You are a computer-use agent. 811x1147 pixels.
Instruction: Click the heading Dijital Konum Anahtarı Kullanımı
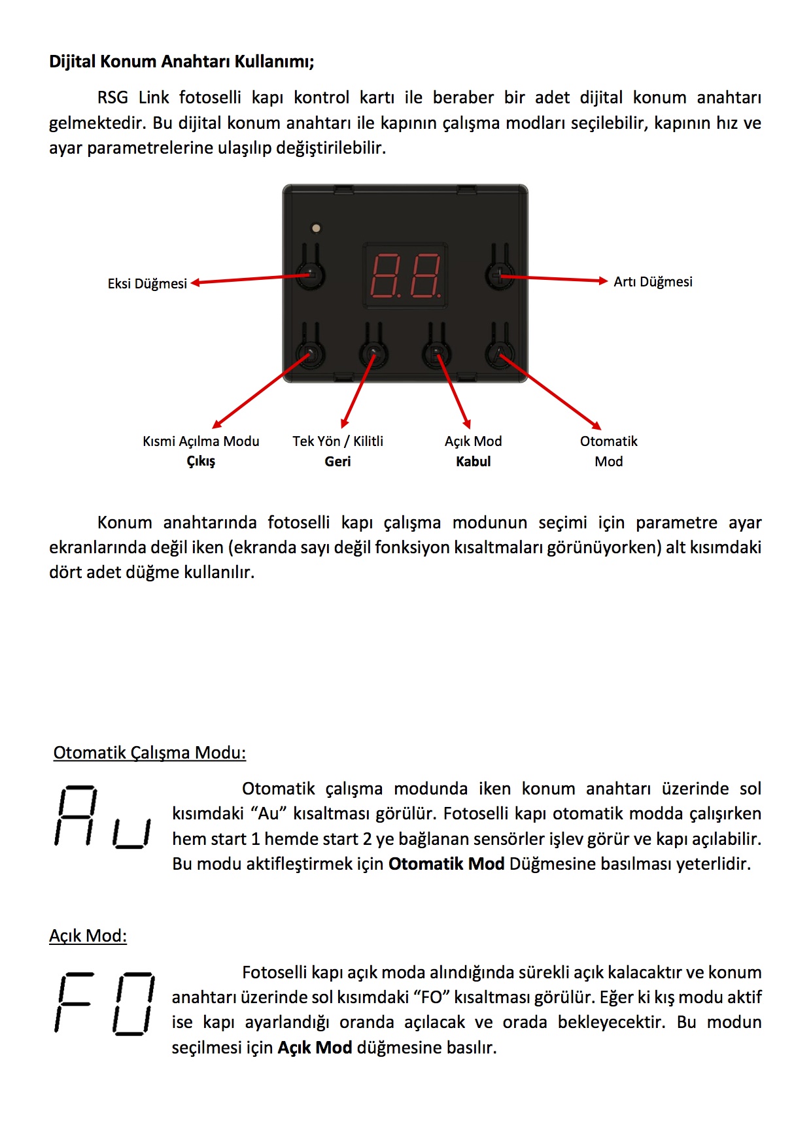[x=181, y=61]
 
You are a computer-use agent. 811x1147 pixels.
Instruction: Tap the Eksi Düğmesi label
[x=147, y=284]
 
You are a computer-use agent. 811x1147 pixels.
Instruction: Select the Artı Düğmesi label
[x=653, y=282]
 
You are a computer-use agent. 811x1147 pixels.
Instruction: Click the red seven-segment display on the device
[x=405, y=275]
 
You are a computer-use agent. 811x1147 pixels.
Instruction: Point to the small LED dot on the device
[x=317, y=228]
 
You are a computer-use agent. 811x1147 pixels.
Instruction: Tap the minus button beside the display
[x=311, y=274]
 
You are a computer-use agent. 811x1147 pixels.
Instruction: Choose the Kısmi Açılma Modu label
[x=201, y=441]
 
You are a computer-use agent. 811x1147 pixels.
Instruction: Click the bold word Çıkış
[x=201, y=462]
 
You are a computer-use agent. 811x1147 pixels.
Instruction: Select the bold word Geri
[x=337, y=462]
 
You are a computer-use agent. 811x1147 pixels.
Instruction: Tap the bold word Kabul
[x=473, y=462]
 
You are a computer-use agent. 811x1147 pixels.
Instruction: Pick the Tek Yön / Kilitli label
[x=337, y=441]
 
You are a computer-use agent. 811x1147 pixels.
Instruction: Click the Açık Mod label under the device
[x=473, y=441]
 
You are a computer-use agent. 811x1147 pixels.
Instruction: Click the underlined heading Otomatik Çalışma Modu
[x=149, y=753]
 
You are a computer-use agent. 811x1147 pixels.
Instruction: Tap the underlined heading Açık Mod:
[x=88, y=936]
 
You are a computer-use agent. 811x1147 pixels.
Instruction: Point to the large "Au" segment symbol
[x=103, y=817]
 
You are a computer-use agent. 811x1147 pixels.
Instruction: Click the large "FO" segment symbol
[x=105, y=1003]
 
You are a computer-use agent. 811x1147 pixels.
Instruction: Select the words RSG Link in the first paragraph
[x=133, y=97]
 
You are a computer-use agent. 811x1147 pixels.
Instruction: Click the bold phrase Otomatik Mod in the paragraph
[x=446, y=864]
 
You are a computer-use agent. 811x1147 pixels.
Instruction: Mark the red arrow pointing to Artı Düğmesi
[x=556, y=279]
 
